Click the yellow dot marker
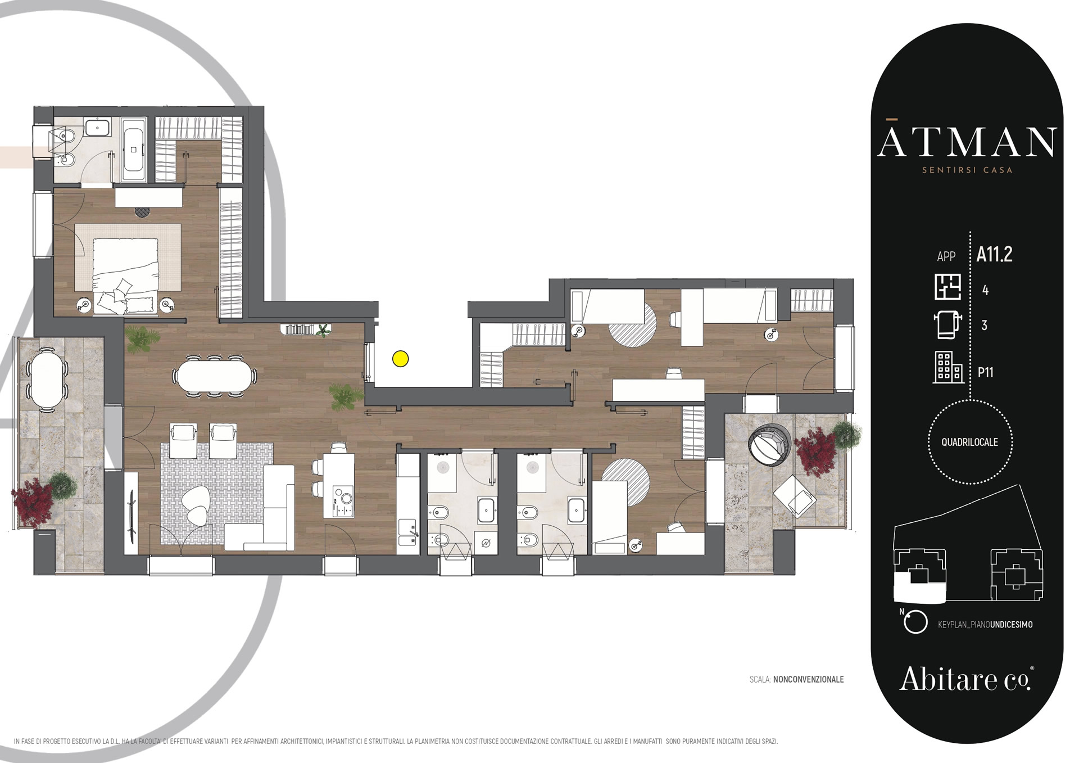(401, 359)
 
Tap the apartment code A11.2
(994, 255)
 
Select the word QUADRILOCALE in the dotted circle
(970, 443)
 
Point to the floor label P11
(986, 372)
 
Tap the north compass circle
(915, 622)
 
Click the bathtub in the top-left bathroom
(134, 150)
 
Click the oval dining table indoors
(215, 376)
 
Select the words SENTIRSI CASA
(967, 170)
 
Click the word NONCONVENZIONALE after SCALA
(808, 679)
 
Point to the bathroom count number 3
(984, 326)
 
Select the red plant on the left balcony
(33, 502)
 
